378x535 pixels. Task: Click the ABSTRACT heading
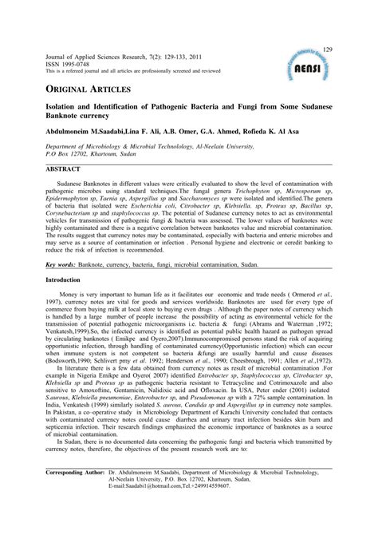[x=63, y=170]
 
